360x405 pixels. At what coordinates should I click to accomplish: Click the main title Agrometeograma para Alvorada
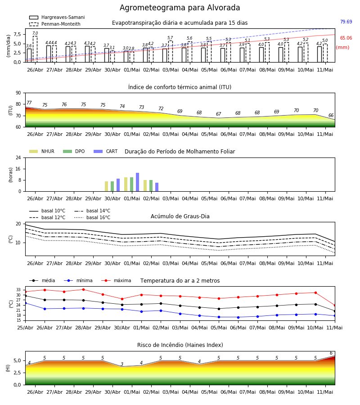tap(180, 8)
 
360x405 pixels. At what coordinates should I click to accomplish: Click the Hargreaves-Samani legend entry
tap(57, 17)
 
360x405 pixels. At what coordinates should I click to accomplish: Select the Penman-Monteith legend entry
tap(55, 24)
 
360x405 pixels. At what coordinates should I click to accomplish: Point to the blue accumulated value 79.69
tap(346, 22)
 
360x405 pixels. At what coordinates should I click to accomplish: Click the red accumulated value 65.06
tap(346, 38)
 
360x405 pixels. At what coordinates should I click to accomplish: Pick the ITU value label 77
tap(29, 103)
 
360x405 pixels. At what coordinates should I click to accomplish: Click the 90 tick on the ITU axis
tap(18, 93)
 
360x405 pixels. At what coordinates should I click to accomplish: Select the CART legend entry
tap(106, 151)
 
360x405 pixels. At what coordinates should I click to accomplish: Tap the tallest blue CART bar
tap(137, 182)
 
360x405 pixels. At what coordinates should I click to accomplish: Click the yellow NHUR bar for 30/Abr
tap(106, 186)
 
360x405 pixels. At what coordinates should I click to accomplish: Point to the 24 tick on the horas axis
tap(18, 157)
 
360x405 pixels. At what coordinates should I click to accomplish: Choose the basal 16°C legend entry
tap(92, 217)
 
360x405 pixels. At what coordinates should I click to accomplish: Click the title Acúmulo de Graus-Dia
tap(180, 216)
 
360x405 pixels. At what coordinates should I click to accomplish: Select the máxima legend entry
tap(116, 280)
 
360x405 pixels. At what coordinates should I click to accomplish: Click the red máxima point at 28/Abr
tap(83, 289)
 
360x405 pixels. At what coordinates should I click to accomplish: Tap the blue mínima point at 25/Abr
tap(25, 303)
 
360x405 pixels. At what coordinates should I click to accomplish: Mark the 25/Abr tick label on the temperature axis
tap(25, 328)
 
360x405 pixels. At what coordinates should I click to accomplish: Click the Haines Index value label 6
tap(331, 353)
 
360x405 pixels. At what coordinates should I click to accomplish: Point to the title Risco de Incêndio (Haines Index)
tap(180, 345)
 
